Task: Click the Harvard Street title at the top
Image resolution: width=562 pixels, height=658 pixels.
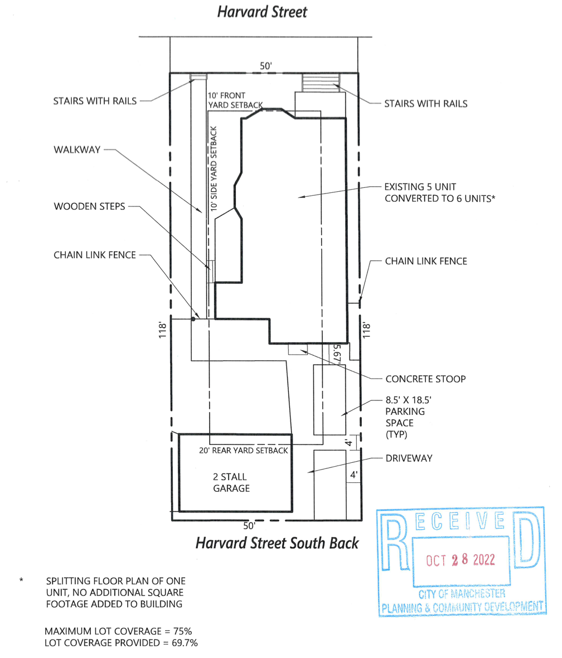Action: tap(262, 12)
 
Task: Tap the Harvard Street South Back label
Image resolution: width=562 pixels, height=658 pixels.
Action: tap(277, 543)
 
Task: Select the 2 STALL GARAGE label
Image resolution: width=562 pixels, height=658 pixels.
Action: tap(231, 482)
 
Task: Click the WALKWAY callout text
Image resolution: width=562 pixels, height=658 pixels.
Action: tap(77, 150)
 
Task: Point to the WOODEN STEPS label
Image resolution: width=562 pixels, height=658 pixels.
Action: tap(89, 206)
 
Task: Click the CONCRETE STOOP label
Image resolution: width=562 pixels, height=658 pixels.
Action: tap(425, 379)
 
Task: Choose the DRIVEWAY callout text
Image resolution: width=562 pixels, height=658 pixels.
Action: tap(409, 458)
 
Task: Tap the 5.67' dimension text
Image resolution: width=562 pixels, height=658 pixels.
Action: tap(337, 354)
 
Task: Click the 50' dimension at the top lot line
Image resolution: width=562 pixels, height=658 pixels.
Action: tap(266, 66)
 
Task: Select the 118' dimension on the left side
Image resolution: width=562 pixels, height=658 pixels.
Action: tap(163, 330)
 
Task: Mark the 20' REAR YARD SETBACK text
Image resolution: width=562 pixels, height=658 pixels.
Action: tap(244, 450)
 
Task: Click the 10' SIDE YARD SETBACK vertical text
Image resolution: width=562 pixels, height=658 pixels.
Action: tap(214, 169)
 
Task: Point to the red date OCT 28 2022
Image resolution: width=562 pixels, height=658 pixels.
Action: tap(461, 560)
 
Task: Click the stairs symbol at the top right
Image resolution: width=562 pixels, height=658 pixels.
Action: tap(321, 83)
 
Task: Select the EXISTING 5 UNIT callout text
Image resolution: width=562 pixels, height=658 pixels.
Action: tap(420, 187)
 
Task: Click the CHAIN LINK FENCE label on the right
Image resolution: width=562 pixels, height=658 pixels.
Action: tap(426, 261)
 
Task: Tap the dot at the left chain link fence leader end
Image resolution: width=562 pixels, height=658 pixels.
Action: tap(193, 320)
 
